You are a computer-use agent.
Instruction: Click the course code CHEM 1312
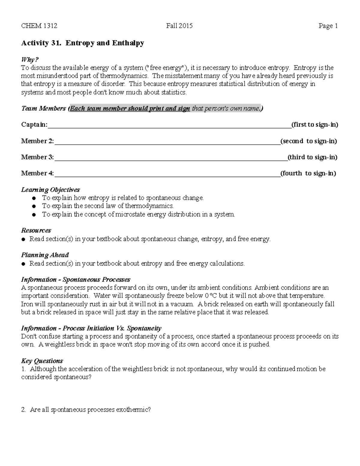point(39,26)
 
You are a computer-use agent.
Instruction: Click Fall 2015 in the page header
point(179,26)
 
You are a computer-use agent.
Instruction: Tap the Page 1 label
point(328,26)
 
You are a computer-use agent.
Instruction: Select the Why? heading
point(30,60)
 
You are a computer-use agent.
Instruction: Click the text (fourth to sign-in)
point(308,173)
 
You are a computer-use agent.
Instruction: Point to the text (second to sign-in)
point(309,141)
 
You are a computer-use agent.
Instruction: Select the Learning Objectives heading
point(50,190)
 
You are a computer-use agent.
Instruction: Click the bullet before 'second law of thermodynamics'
point(34,206)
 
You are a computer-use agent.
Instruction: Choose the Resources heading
point(36,230)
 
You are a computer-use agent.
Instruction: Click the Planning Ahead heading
point(45,255)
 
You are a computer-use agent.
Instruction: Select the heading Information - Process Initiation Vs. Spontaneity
point(91,328)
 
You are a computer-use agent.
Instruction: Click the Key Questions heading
point(42,361)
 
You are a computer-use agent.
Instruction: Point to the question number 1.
point(23,369)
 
